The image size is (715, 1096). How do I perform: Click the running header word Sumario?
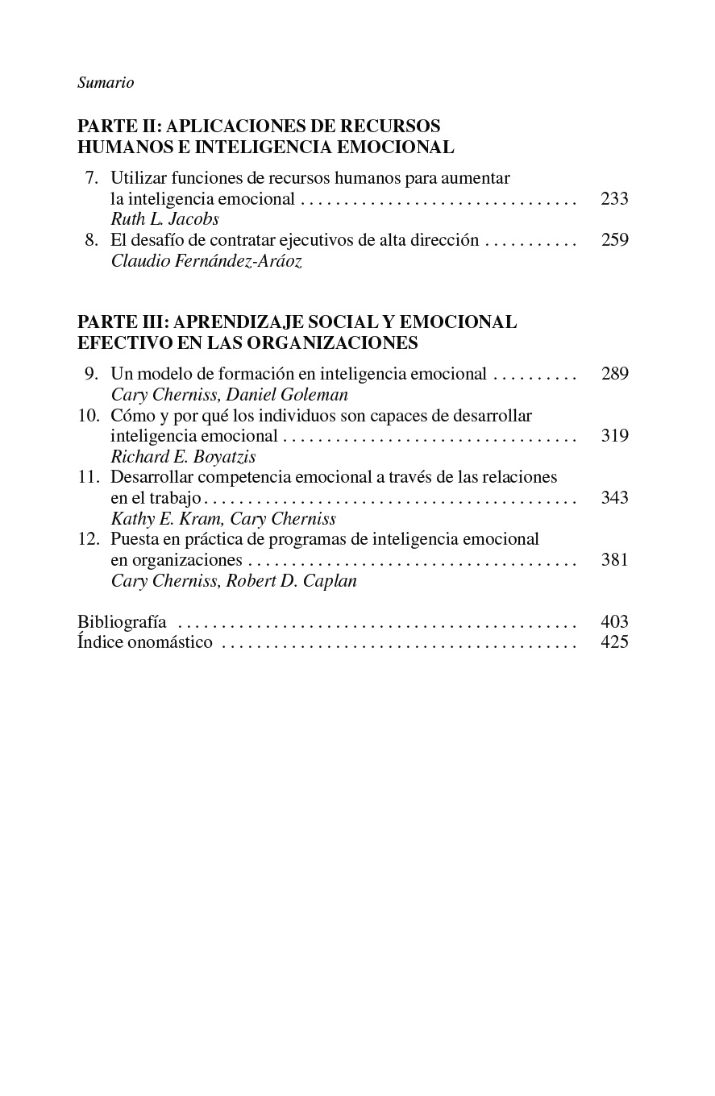(106, 83)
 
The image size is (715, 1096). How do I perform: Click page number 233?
(614, 198)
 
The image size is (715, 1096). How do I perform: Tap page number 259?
(614, 240)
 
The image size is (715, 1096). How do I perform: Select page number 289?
(614, 374)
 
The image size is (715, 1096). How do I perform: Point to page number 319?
(614, 436)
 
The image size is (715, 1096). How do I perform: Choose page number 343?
(614, 498)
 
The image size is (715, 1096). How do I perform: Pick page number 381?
(614, 560)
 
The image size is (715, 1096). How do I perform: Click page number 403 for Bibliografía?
(614, 621)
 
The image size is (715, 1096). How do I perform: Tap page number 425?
(614, 642)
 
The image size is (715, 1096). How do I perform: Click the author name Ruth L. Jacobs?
(164, 219)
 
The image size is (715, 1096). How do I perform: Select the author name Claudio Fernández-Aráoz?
(206, 261)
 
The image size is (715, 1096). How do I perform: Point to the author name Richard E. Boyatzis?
(183, 457)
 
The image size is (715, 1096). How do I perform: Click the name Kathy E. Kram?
(165, 519)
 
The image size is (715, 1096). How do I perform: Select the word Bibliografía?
(122, 621)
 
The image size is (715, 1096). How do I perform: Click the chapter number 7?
(91, 178)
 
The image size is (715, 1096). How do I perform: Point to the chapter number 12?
(88, 539)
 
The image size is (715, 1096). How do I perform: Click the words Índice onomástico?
(145, 642)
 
